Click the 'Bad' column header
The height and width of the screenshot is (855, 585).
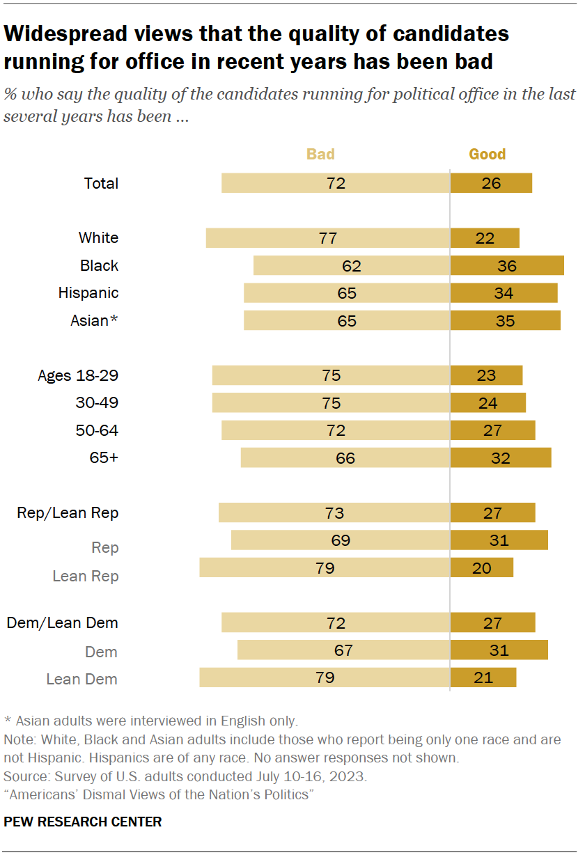[320, 154]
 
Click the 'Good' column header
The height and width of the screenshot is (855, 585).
[487, 154]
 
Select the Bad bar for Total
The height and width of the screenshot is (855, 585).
[336, 183]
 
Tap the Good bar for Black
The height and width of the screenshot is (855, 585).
[507, 265]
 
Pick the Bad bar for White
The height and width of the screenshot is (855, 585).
[328, 237]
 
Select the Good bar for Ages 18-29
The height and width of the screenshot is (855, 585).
[486, 375]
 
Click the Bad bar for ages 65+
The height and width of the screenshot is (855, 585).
[345, 457]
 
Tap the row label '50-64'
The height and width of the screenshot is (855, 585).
[97, 430]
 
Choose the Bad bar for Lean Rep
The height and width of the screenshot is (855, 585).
[325, 567]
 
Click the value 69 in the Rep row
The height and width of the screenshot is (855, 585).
[341, 540]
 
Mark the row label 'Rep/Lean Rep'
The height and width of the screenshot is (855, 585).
[68, 512]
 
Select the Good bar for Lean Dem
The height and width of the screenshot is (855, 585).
[483, 677]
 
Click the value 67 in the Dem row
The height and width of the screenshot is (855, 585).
[343, 650]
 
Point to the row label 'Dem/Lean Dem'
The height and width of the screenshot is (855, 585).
[63, 622]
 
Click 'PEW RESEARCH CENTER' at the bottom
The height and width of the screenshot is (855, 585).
[83, 822]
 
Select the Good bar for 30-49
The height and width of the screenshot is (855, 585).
[488, 403]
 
